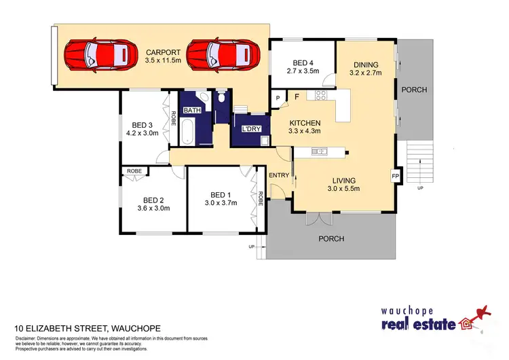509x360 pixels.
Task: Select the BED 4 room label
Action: coord(303,60)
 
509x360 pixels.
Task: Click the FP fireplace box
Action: coord(395,176)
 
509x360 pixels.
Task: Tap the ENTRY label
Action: coord(279,175)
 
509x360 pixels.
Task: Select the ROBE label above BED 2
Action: coord(133,170)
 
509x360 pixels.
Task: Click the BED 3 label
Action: coord(142,125)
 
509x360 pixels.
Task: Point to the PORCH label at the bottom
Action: coord(332,238)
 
